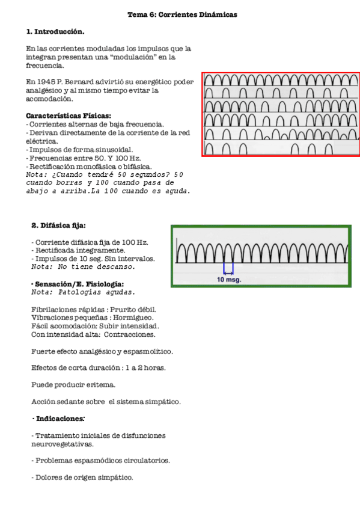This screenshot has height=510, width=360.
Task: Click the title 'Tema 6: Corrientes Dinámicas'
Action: pos(182,15)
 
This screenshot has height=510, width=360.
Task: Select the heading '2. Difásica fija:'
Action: pos(58,226)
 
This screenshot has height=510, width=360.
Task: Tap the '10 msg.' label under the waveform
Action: pos(228,280)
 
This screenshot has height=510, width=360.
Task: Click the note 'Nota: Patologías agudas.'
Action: pos(83,292)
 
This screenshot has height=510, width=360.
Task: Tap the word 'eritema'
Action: pos(102,384)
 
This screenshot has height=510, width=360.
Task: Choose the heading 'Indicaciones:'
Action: pos(60,418)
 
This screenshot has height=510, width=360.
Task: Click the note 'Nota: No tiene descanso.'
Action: pos(83,266)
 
